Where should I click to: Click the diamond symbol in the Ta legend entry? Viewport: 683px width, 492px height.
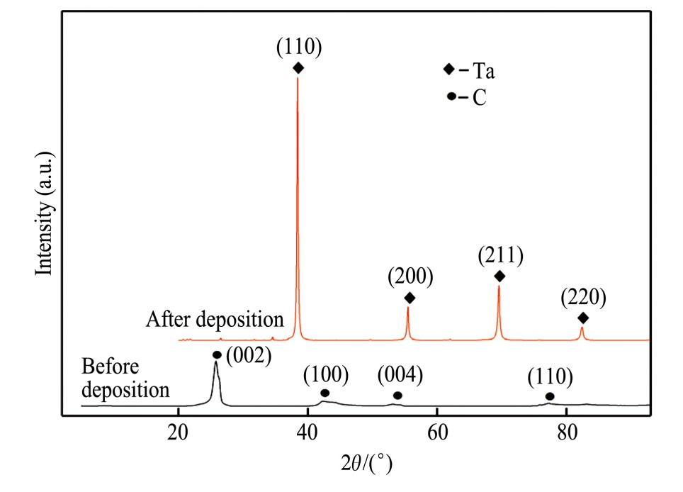click(448, 69)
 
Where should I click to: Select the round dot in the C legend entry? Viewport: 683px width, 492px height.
click(451, 96)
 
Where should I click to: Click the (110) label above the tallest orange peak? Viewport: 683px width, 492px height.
click(298, 48)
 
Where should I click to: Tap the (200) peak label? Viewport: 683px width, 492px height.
click(410, 276)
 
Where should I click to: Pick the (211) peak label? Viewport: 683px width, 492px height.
click(500, 255)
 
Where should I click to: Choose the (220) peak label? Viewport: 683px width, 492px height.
click(583, 297)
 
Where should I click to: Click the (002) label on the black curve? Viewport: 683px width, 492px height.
click(249, 355)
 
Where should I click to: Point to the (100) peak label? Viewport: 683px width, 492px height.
click(326, 374)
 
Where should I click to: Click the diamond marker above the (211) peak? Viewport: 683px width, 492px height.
click(499, 276)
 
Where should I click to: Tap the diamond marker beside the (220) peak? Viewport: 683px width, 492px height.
click(583, 318)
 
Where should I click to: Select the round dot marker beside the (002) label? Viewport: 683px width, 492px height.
click(217, 355)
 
